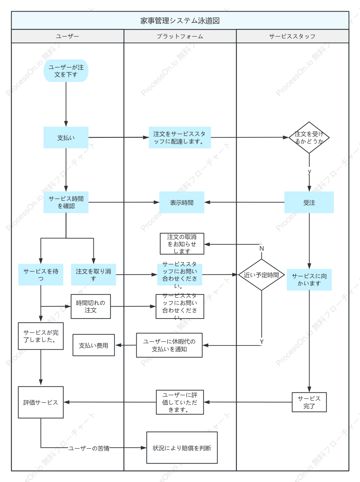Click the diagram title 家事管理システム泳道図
(180, 21)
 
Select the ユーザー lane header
(67, 36)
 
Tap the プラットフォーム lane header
(180, 36)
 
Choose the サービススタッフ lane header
(292, 36)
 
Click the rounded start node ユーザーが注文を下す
(66, 71)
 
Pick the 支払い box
(66, 137)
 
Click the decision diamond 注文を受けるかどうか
(309, 137)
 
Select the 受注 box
(309, 202)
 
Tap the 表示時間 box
(182, 202)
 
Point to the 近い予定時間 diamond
(261, 275)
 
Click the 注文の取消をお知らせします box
(182, 244)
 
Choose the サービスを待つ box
(41, 275)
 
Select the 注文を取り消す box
(94, 275)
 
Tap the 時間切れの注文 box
(91, 306)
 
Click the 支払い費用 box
(94, 345)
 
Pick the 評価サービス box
(41, 402)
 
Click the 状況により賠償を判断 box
(182, 448)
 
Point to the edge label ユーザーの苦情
(89, 448)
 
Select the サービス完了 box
(309, 402)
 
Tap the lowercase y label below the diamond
(309, 171)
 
